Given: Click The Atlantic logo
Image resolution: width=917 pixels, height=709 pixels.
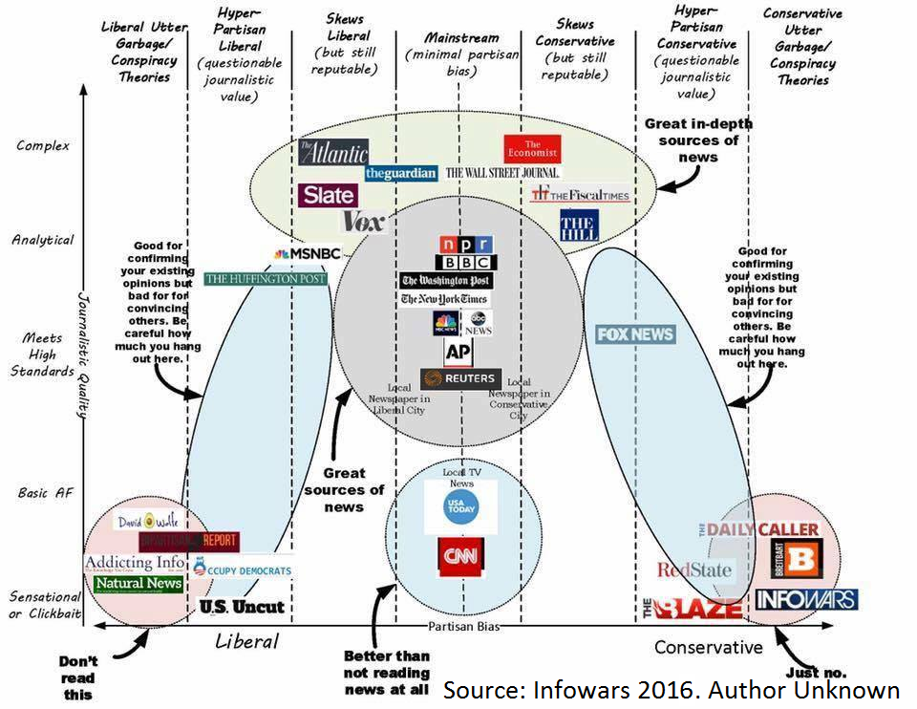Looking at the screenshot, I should (x=332, y=152).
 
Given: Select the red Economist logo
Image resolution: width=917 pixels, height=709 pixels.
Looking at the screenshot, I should (x=532, y=149).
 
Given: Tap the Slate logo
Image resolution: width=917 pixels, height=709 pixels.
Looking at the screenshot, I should (x=328, y=195).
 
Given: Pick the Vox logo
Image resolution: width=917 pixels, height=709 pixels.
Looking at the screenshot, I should (x=363, y=222).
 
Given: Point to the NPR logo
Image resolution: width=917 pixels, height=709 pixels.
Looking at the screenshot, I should (x=466, y=244).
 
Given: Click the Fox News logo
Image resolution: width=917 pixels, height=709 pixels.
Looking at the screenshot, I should (x=635, y=334).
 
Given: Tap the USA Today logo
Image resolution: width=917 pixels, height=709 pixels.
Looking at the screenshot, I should (x=461, y=506).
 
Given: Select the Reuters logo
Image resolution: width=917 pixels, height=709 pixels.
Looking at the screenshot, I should (x=461, y=378).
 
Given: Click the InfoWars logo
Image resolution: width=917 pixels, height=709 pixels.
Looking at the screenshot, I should (x=805, y=599).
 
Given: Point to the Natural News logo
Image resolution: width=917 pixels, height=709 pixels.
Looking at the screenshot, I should (x=139, y=583).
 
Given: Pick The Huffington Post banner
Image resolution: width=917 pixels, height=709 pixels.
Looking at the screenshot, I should (x=265, y=278).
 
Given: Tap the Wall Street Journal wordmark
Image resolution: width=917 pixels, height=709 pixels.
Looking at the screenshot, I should (x=503, y=173).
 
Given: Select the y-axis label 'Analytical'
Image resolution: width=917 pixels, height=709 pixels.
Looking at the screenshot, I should (x=42, y=240).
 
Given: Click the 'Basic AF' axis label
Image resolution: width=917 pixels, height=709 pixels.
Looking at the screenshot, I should (x=45, y=493).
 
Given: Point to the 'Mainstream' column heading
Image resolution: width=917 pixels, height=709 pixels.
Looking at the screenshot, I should (x=462, y=38).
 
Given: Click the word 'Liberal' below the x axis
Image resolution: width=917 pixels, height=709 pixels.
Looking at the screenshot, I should (x=246, y=641).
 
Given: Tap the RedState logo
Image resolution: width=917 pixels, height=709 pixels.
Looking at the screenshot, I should (x=694, y=570).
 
